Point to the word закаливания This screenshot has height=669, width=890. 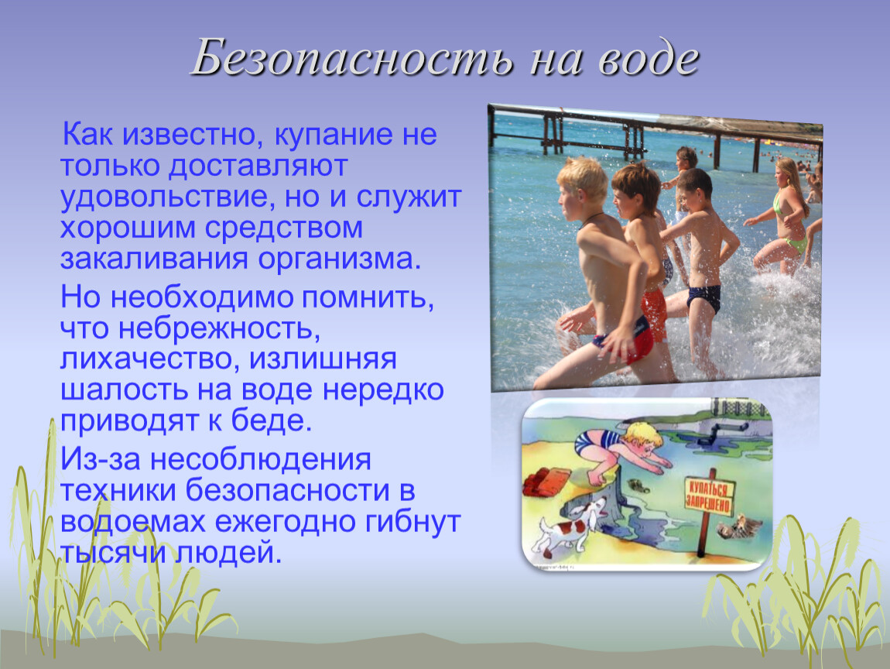pos(154,259)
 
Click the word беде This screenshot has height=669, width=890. pos(272,420)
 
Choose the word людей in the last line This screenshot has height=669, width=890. pos(228,553)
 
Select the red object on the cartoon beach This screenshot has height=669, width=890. pos(547,482)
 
